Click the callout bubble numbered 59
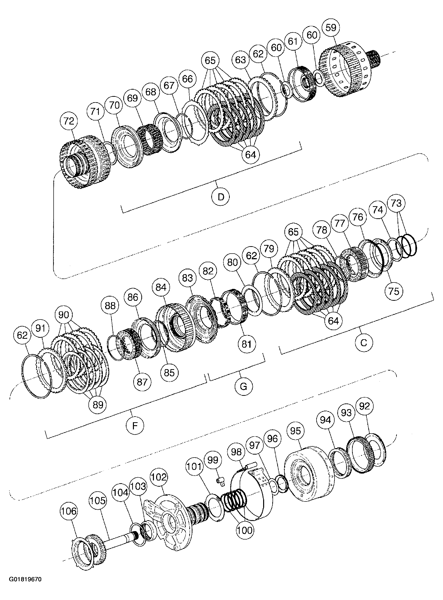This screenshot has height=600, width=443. tap(331, 28)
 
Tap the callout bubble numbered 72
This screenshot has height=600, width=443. tap(69, 121)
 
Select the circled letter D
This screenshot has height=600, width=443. tap(220, 197)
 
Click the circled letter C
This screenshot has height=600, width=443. tap(364, 343)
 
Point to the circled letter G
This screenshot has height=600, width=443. tap(243, 386)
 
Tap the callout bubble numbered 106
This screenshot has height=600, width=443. tap(69, 511)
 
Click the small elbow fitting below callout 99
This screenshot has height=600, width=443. tap(220, 481)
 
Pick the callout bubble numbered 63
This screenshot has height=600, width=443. tap(240, 60)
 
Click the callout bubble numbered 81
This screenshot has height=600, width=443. tap(246, 344)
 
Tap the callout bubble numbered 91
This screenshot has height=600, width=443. tap(40, 328)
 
